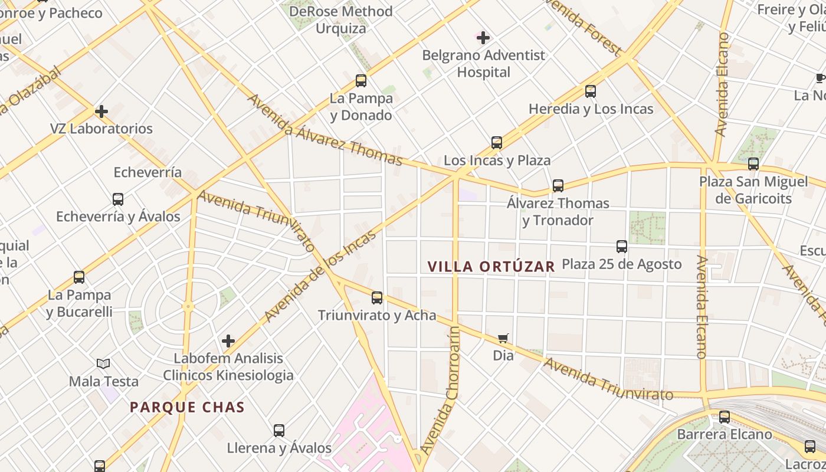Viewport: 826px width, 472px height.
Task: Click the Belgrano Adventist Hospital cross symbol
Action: [x=483, y=38]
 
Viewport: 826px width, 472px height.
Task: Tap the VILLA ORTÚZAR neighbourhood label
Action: [x=491, y=267]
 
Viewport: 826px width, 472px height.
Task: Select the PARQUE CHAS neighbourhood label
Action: [x=187, y=407]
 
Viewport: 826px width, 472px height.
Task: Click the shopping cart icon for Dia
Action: [x=503, y=339]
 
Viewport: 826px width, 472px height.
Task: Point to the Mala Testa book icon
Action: [x=103, y=364]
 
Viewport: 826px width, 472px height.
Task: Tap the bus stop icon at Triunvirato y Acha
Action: [x=377, y=298]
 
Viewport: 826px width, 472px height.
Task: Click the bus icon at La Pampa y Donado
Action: [x=360, y=81]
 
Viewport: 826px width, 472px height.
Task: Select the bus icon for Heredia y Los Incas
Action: [x=591, y=91]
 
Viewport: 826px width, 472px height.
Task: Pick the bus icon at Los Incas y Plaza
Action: [x=497, y=143]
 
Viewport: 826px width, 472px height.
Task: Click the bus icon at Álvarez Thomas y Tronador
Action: [x=558, y=186]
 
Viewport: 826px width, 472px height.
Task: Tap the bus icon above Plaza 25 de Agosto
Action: [x=621, y=247]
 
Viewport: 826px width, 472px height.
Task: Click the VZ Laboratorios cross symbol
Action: [x=101, y=111]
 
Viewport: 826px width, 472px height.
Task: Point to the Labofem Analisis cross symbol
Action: [x=228, y=341]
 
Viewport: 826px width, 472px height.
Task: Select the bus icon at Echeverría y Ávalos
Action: [x=118, y=199]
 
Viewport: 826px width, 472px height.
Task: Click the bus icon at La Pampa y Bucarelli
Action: [x=79, y=277]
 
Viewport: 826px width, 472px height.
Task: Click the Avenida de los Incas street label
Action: [x=320, y=276]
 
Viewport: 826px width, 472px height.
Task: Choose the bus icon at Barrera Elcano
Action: [x=724, y=417]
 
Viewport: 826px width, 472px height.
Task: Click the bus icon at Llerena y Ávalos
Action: [x=279, y=431]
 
